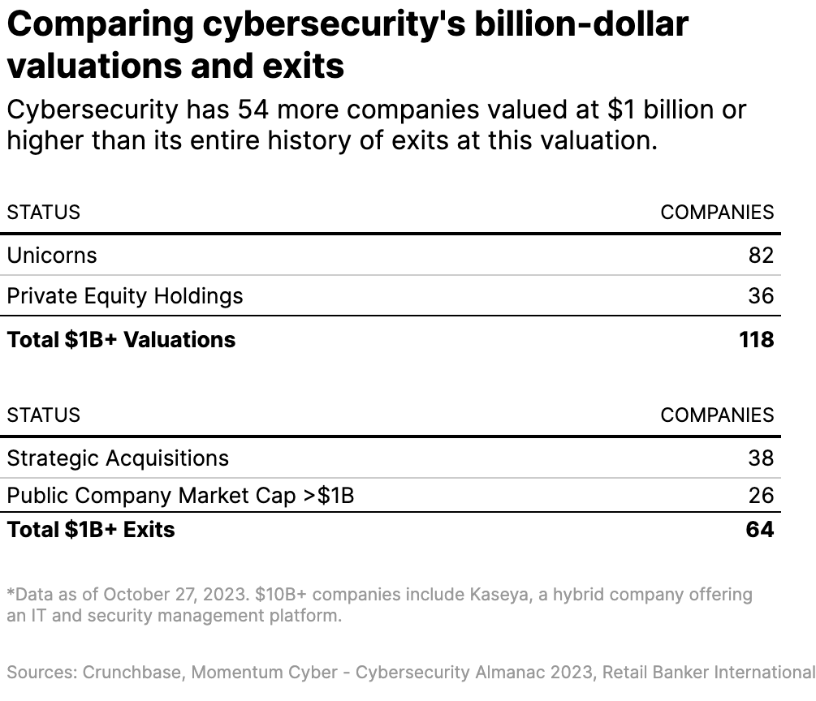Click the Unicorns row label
(x=52, y=256)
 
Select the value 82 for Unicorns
(x=761, y=256)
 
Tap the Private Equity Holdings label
(x=125, y=296)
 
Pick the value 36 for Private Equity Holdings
(x=761, y=296)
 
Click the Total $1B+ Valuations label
(x=121, y=339)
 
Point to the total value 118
(x=756, y=339)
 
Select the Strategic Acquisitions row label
(x=118, y=458)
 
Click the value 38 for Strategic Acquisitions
(x=761, y=458)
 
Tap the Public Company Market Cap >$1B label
(x=180, y=496)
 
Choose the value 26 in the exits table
(x=761, y=496)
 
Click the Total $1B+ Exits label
(x=91, y=530)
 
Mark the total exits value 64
(x=759, y=530)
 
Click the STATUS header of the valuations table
(x=44, y=213)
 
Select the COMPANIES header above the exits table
(x=717, y=415)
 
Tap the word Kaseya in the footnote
(x=508, y=595)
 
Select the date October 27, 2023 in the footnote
(x=175, y=595)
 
